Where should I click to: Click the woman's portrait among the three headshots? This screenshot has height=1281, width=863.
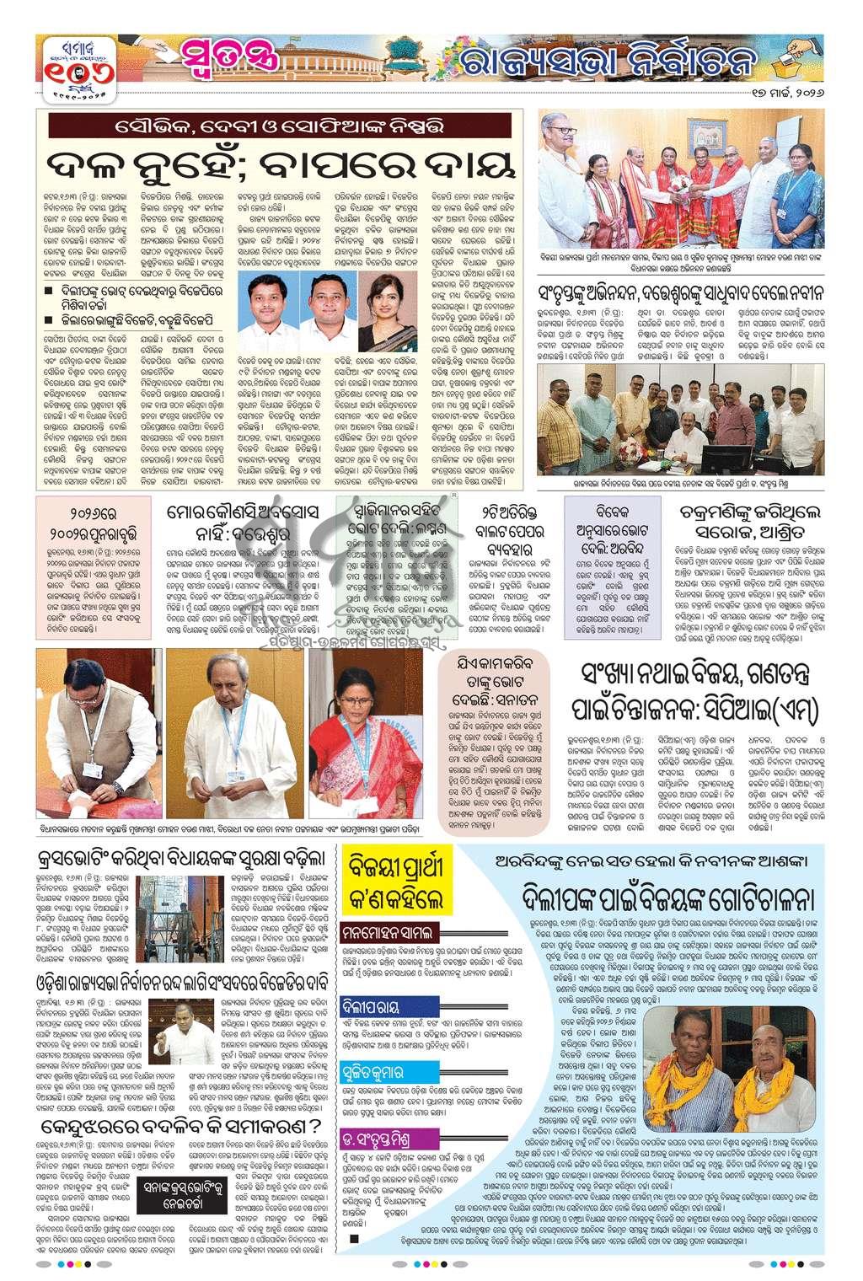point(396,313)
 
